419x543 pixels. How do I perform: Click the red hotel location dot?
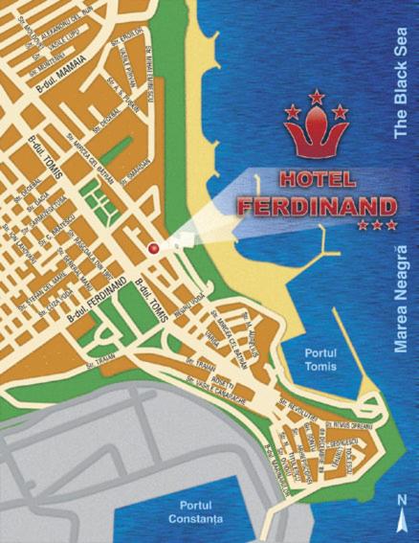click(x=152, y=249)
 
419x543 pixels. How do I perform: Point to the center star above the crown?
click(x=316, y=97)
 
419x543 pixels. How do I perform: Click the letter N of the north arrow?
click(x=403, y=499)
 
